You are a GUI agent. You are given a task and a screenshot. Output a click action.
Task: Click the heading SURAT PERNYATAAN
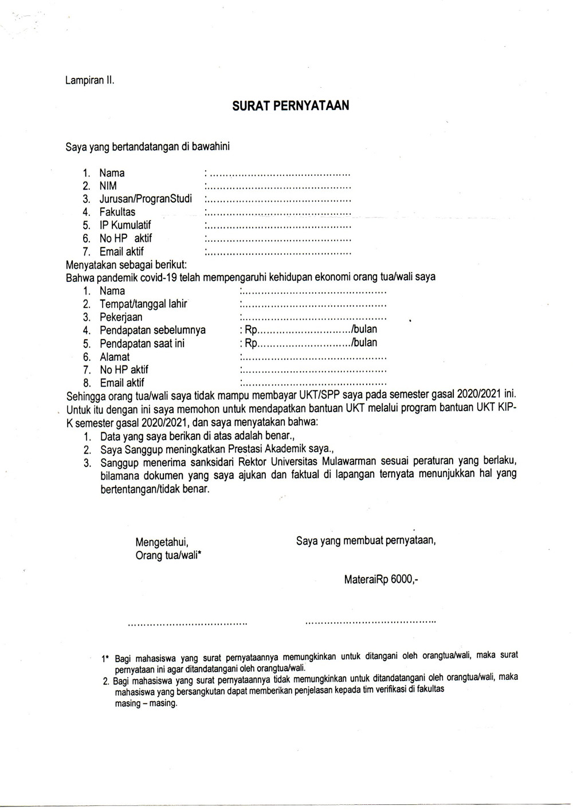coord(291,106)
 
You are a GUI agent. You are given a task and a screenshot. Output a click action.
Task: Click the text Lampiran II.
coord(90,81)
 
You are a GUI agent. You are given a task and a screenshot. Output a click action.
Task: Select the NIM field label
coord(108,186)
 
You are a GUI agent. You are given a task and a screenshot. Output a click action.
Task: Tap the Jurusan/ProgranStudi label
coord(146,199)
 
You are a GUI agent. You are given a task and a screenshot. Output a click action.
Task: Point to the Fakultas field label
coord(117,212)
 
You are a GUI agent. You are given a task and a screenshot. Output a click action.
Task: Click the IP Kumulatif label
coord(125,225)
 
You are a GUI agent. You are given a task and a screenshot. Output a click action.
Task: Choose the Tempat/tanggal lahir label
coord(143,304)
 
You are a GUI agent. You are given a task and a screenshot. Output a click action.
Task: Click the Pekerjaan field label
coord(121,317)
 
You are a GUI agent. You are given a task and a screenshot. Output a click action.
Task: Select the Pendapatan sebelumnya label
coord(152,331)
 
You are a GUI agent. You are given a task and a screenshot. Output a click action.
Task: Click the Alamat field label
coord(115,357)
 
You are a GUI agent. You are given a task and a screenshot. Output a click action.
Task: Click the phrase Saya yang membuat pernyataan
coord(366,540)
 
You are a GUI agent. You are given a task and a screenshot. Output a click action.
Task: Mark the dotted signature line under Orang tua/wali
coord(187,623)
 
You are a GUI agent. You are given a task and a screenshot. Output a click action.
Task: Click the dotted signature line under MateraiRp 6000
coord(371,621)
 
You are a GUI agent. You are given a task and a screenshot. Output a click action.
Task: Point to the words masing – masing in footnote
coord(146,703)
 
